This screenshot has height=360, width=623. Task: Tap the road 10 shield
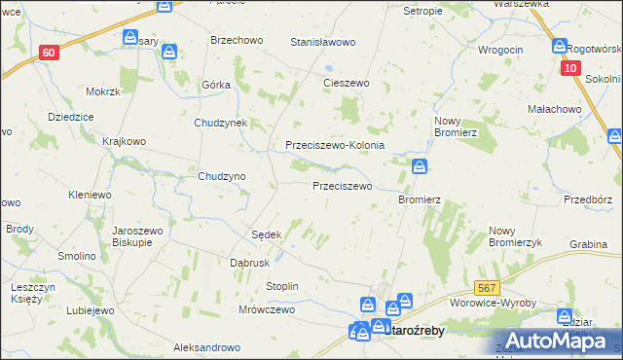[571, 68]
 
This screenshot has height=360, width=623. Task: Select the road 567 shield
[488, 288]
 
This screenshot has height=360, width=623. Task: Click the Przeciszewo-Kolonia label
[335, 145]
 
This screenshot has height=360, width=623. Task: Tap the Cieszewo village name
[347, 84]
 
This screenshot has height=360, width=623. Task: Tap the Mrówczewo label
[266, 309]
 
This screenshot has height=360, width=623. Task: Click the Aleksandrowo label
[206, 347]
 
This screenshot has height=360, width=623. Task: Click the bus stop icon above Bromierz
[420, 166]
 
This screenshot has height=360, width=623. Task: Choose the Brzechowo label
[238, 41]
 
